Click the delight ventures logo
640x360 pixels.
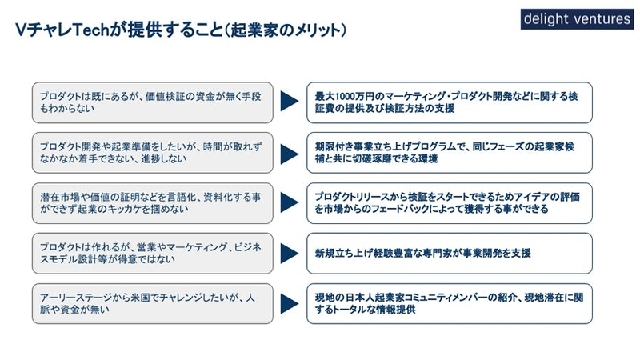click(577, 19)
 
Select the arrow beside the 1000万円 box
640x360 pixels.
click(290, 102)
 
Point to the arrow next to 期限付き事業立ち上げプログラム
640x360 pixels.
click(290, 154)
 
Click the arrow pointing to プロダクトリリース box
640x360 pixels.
click(290, 202)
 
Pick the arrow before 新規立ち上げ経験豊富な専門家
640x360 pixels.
click(290, 253)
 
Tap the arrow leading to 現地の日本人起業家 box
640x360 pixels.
click(290, 304)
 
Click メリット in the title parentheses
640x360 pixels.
click(314, 30)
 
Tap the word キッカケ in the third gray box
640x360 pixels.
click(122, 209)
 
